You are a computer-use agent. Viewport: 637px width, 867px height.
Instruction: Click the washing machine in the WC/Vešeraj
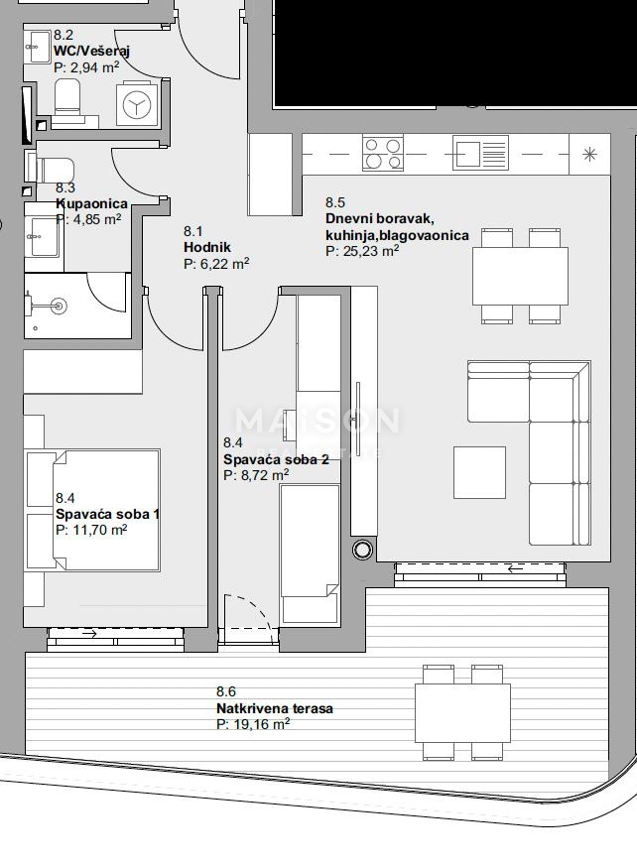click(136, 104)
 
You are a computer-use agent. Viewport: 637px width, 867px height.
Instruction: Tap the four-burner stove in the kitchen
click(383, 154)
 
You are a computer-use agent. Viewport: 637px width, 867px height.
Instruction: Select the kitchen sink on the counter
click(479, 154)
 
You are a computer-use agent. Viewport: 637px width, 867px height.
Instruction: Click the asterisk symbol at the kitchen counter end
click(590, 154)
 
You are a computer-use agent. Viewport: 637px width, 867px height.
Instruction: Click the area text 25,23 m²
click(362, 251)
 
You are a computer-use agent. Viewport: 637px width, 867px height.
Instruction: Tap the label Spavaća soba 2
click(261, 459)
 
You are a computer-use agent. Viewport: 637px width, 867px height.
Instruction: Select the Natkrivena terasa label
click(274, 708)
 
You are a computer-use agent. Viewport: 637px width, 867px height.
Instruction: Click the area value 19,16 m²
click(253, 724)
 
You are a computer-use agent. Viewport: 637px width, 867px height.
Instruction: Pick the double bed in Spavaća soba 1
click(92, 511)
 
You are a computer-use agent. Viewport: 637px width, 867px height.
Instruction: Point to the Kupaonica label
click(91, 202)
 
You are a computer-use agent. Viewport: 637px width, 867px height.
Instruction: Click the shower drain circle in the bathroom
click(58, 307)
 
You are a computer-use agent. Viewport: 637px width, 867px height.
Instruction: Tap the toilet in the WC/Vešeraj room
click(67, 98)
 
